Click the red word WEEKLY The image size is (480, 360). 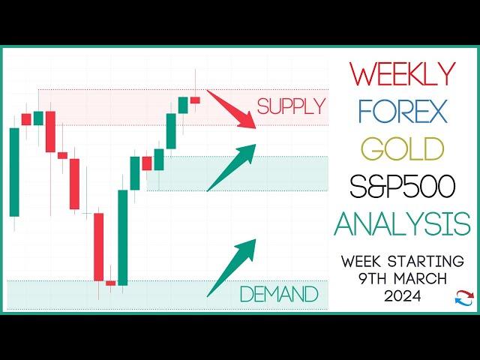[402, 73]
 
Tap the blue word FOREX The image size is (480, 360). [402, 112]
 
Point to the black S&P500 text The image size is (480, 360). [402, 186]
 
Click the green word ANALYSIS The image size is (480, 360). [402, 223]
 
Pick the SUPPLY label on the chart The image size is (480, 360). [291, 106]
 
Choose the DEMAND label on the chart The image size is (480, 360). [279, 294]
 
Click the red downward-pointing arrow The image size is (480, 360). [232, 109]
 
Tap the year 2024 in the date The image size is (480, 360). [403, 295]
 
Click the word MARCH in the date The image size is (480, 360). [421, 279]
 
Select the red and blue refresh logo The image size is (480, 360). [464, 298]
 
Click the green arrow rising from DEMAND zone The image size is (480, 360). [232, 268]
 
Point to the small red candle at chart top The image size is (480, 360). [195, 100]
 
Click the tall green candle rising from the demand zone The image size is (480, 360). [123, 238]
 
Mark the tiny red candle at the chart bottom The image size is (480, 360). [110, 283]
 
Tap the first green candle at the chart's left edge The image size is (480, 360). [14, 172]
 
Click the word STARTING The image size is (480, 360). [425, 262]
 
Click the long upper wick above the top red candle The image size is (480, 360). [195, 83]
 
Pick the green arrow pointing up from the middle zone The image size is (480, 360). [232, 167]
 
